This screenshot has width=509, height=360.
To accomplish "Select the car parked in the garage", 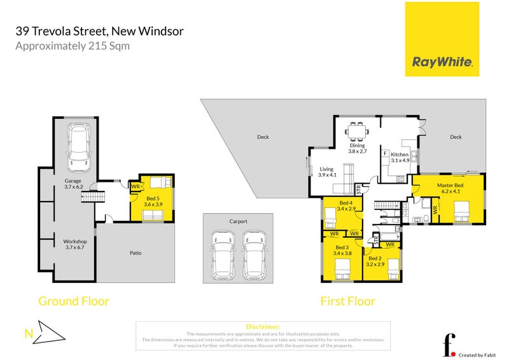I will [80, 142].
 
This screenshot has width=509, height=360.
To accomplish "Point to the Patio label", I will [135, 253].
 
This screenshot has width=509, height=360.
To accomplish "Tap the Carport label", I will [238, 221].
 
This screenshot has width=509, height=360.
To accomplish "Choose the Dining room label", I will [357, 148].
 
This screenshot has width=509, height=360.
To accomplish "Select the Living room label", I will [327, 171].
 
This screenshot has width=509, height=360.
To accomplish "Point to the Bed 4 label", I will [345, 205].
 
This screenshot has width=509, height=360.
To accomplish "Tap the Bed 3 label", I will [342, 249].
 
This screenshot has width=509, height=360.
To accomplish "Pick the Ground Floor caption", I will [74, 301].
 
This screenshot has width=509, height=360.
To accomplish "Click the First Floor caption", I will [347, 301].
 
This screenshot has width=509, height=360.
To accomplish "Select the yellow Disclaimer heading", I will [262, 326].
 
